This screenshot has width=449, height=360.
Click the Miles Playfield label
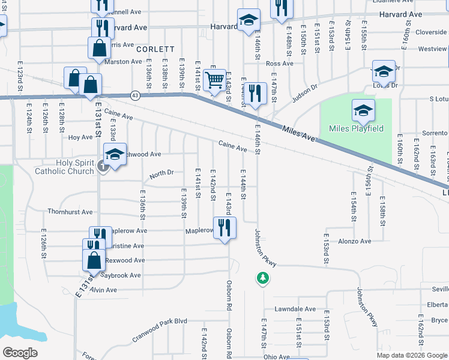[x=356, y=128]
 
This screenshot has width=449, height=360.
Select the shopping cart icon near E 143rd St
[x=214, y=80]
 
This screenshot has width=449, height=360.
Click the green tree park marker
[x=262, y=278]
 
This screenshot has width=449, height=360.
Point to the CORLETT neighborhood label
[x=155, y=49]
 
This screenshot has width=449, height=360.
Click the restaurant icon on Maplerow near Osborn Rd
[x=224, y=228]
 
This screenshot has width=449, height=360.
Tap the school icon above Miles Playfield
[x=363, y=111]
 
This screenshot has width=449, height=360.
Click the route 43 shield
[x=135, y=95]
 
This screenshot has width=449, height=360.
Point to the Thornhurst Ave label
[x=70, y=212]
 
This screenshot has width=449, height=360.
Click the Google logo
[x=20, y=353]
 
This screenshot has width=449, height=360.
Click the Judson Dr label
[x=305, y=92]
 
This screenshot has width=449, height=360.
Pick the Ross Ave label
[x=279, y=63]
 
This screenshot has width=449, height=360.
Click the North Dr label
[x=161, y=173]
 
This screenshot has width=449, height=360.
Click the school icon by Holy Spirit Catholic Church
[x=115, y=155]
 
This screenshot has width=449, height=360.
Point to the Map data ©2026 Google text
[x=411, y=355]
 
